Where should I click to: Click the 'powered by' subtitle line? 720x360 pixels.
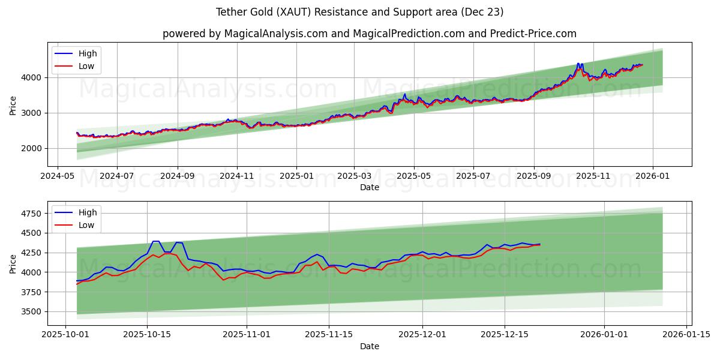pyautogui.click(x=369, y=34)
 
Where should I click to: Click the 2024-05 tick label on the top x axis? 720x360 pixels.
pyautogui.click(x=57, y=176)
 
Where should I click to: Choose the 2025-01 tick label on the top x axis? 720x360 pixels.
pyautogui.click(x=296, y=176)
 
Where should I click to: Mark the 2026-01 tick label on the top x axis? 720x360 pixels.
pyautogui.click(x=652, y=176)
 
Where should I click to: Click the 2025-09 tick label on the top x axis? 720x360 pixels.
pyautogui.click(x=533, y=176)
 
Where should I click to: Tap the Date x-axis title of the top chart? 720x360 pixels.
pyautogui.click(x=369, y=187)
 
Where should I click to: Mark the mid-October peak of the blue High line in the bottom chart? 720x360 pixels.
pyautogui.click(x=155, y=241)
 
